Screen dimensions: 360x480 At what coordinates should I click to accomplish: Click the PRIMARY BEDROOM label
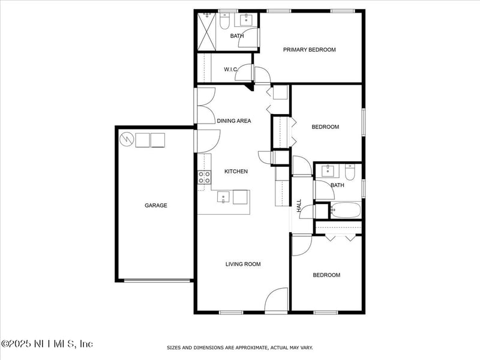click(309, 50)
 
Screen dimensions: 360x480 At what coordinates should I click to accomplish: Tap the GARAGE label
click(155, 205)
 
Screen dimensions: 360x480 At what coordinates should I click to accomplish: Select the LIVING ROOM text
click(243, 264)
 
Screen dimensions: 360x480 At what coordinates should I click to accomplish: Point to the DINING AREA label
click(234, 121)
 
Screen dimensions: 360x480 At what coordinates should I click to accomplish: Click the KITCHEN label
click(236, 172)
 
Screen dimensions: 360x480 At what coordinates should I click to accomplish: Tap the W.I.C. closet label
click(231, 70)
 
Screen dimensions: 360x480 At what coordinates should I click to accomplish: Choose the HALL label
click(299, 205)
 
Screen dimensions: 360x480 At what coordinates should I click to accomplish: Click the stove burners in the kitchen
click(205, 177)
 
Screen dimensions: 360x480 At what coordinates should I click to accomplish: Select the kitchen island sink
click(223, 197)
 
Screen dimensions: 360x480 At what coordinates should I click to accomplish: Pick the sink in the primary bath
click(247, 20)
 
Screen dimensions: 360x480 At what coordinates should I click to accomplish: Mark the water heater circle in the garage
click(127, 140)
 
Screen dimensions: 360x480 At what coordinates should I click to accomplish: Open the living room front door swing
click(277, 300)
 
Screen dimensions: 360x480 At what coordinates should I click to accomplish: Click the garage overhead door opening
click(155, 280)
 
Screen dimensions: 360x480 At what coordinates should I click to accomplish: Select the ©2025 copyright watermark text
click(47, 344)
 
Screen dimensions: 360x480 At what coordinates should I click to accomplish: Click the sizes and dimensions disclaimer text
click(239, 347)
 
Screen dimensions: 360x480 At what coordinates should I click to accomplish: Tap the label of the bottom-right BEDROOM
click(326, 275)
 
